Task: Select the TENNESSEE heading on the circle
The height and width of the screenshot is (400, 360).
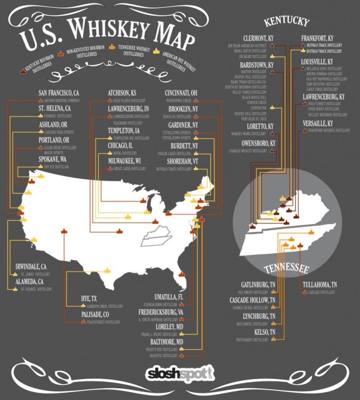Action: (286, 269)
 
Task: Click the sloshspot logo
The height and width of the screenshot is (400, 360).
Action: (180, 374)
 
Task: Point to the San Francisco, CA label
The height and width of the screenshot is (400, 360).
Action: (59, 93)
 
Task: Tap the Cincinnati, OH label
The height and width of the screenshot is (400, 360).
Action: (181, 93)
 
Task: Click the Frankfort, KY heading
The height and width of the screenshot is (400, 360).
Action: (318, 38)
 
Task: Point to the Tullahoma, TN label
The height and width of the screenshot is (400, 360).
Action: (320, 284)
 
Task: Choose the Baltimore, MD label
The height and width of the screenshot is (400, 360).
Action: (166, 341)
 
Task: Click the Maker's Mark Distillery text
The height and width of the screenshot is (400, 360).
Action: (252, 134)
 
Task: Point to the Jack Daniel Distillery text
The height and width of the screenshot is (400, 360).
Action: (253, 324)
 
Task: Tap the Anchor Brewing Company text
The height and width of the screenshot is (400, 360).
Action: (58, 100)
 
